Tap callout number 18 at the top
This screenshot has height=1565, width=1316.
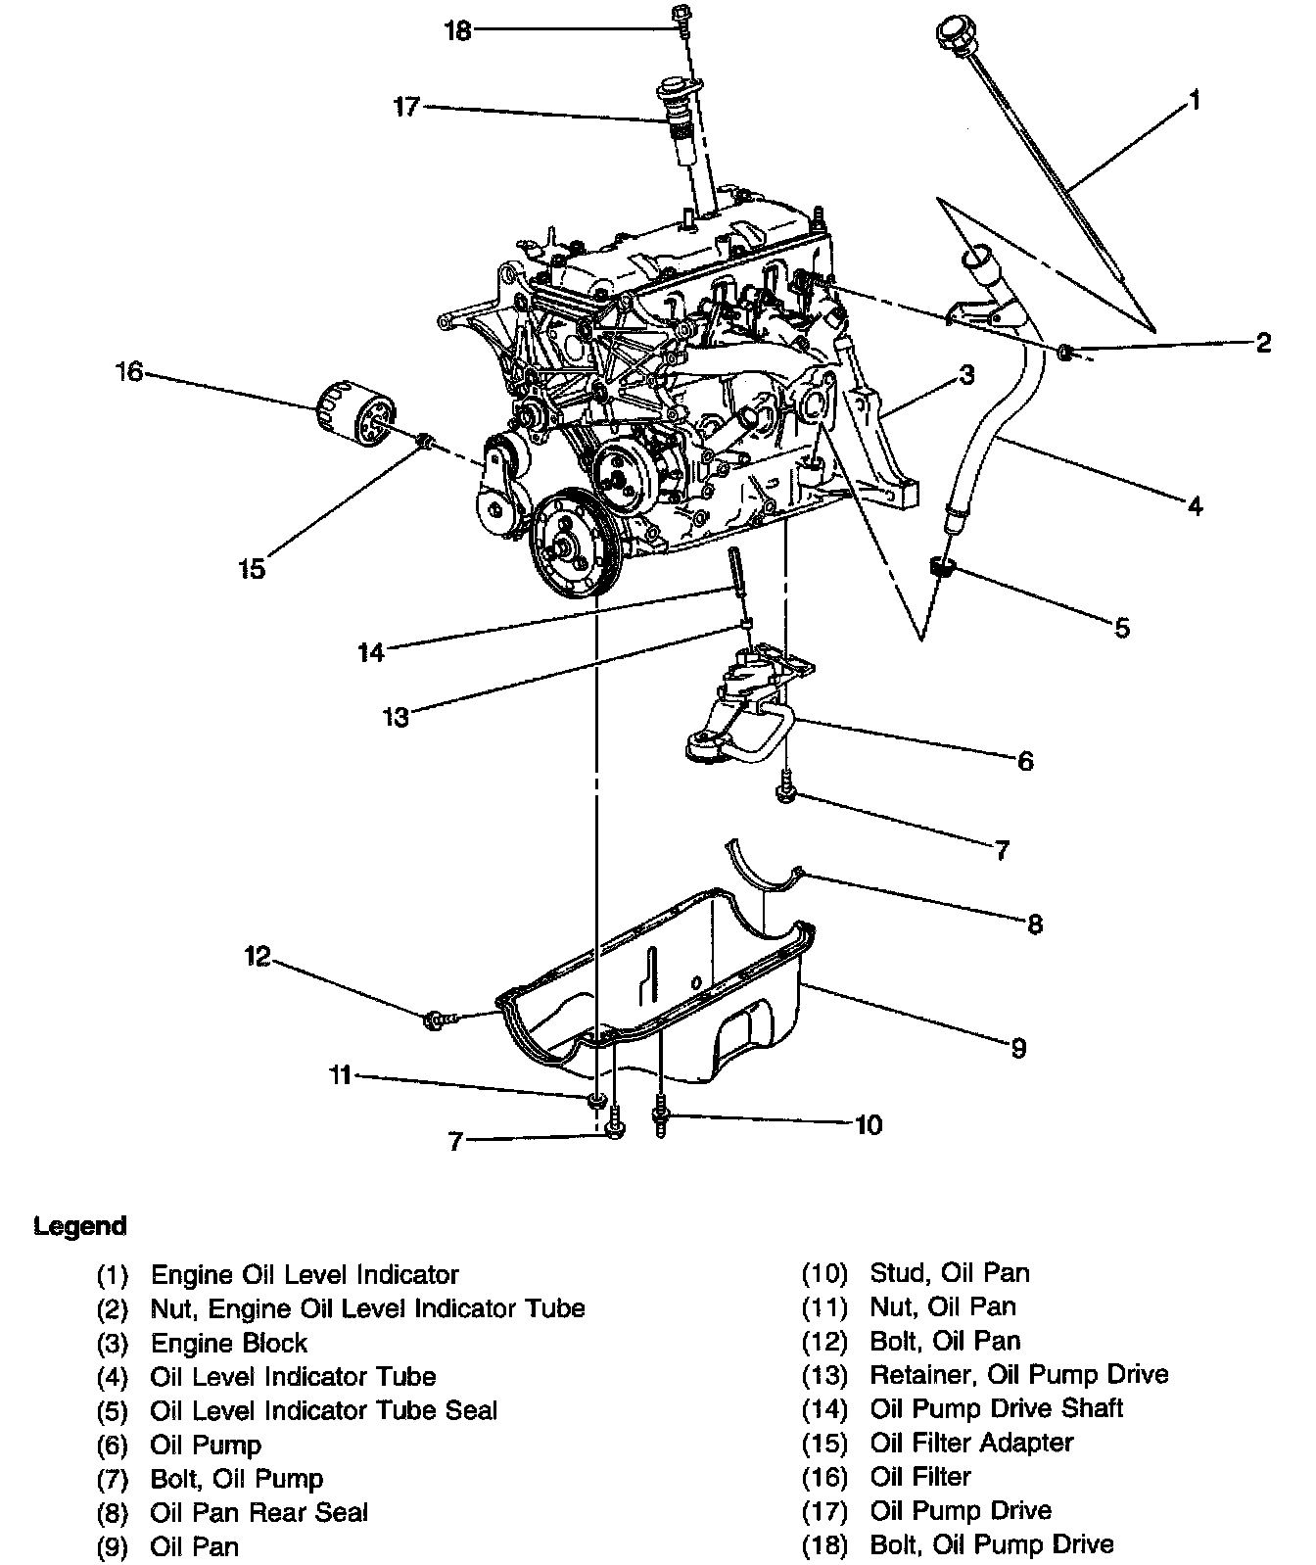[x=457, y=31]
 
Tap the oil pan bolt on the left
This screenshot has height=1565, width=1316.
[x=435, y=1020]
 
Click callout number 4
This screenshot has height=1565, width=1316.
[x=1194, y=505]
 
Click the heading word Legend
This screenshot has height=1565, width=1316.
[x=80, y=1226]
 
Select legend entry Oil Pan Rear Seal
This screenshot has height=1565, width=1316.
[x=258, y=1512]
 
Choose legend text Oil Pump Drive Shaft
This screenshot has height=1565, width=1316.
[x=996, y=1408]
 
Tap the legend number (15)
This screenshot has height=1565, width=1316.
[x=823, y=1443]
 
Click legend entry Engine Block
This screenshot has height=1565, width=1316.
[x=228, y=1343]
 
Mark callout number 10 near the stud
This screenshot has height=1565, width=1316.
[x=868, y=1124]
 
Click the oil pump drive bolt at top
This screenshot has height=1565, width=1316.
[x=680, y=17]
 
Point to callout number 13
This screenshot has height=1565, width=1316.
[x=396, y=718]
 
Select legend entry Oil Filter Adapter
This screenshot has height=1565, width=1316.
[x=971, y=1443]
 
